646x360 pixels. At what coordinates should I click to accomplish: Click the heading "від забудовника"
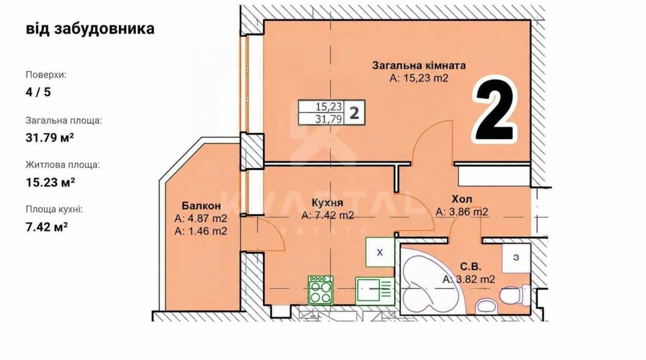tap(90, 29)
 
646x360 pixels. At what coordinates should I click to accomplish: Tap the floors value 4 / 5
tap(38, 92)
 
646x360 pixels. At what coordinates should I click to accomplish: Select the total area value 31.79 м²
tap(50, 137)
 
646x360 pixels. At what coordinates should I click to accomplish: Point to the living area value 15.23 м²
tap(50, 182)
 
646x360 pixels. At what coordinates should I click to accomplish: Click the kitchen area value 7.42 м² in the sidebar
tap(47, 227)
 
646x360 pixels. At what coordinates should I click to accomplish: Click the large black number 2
tap(494, 109)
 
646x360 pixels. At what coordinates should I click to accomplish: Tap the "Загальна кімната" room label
tap(419, 65)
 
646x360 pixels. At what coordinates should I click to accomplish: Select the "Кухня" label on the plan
tap(328, 203)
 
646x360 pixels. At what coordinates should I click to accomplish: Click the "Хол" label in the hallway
tap(462, 200)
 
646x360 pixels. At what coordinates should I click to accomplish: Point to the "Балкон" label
tap(201, 206)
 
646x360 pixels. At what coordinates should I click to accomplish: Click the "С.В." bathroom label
tap(470, 267)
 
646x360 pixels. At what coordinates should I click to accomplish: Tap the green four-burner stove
tap(320, 290)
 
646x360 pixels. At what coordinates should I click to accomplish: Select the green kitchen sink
tap(375, 290)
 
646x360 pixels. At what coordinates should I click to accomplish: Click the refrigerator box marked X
tap(380, 252)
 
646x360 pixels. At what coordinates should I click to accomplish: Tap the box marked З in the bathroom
tap(516, 258)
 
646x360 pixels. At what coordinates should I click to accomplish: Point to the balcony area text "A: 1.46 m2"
tap(201, 231)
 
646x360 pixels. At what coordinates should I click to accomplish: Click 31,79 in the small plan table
tap(329, 119)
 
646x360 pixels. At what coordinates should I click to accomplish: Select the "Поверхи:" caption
tap(46, 75)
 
